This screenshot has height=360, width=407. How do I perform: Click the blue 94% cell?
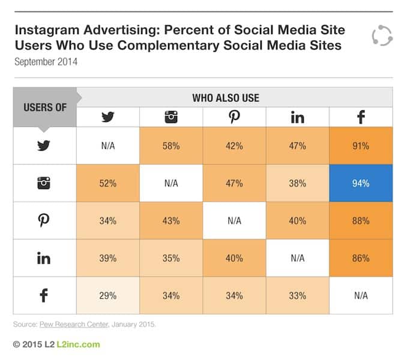pyautogui.click(x=361, y=183)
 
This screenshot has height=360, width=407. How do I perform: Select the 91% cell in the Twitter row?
pyautogui.click(x=361, y=146)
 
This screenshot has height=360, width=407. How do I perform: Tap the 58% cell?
pyautogui.click(x=171, y=146)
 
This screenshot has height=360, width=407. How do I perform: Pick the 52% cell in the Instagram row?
pyautogui.click(x=108, y=183)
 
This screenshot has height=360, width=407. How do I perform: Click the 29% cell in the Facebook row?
pyautogui.click(x=108, y=295)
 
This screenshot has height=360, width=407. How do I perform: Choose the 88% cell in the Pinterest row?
pyautogui.click(x=361, y=220)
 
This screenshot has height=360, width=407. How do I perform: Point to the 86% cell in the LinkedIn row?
pyautogui.click(x=361, y=257)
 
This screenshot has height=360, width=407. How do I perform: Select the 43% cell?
pyautogui.click(x=171, y=220)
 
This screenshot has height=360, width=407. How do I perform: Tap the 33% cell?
pyautogui.click(x=297, y=295)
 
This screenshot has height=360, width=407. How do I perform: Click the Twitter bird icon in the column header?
pyautogui.click(x=108, y=118)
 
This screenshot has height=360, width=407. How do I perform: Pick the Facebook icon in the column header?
pyautogui.click(x=361, y=118)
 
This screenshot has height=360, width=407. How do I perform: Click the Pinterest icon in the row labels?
pyautogui.click(x=44, y=220)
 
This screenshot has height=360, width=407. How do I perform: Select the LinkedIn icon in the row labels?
pyautogui.click(x=44, y=258)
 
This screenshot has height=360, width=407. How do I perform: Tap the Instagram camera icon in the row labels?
pyautogui.click(x=44, y=183)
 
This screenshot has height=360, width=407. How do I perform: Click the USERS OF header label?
pyautogui.click(x=45, y=107)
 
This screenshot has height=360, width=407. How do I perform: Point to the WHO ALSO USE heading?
pyautogui.click(x=234, y=97)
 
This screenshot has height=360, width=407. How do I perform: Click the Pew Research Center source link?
pyautogui.click(x=68, y=325)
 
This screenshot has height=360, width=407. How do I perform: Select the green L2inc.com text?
pyautogui.click(x=78, y=344)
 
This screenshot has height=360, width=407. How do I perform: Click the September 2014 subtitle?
pyautogui.click(x=46, y=61)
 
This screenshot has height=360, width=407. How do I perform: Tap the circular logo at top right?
pyautogui.click(x=381, y=35)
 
